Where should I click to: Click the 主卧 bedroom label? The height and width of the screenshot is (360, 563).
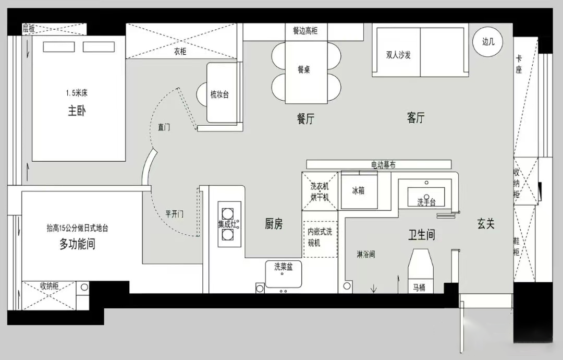tap(77, 111)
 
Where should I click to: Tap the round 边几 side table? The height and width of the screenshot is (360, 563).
tap(487, 42)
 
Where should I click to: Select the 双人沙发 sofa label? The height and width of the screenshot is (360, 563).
tap(398, 55)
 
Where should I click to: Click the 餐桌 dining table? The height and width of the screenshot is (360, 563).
tap(306, 72)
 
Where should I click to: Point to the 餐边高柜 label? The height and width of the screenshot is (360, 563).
tap(305, 31)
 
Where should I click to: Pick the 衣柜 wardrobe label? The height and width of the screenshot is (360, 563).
tap(180, 52)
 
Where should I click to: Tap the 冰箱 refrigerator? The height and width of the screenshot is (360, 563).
tap(359, 190)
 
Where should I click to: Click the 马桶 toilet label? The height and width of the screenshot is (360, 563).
tap(419, 287)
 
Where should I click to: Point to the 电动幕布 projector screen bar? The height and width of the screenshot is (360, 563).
tap(379, 164)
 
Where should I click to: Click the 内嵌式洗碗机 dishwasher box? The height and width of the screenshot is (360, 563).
tap(320, 239)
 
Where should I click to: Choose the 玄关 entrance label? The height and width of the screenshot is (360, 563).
tap(486, 224)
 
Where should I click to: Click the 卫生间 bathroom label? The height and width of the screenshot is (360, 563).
tap(422, 235)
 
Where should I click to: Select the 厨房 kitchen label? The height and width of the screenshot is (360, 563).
tap(274, 224)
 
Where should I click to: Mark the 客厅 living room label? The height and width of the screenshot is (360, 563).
tap(416, 117)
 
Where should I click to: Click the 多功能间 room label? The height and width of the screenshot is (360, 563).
tap(77, 244)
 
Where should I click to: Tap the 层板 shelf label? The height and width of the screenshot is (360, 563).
tap(29, 28)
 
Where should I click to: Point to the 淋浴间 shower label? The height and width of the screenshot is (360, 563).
tap(366, 255)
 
